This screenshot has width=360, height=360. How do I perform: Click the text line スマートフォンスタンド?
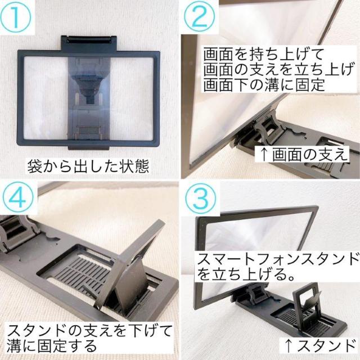[276, 259]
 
